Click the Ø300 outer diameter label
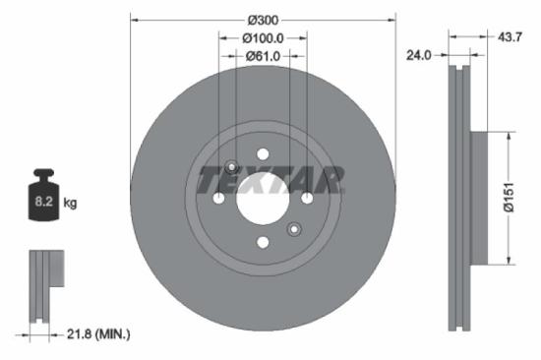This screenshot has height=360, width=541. click(x=263, y=20)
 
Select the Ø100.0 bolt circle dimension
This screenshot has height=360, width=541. click(x=263, y=37)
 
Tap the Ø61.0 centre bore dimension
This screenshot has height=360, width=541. click(x=263, y=56)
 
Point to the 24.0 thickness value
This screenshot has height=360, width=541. click(x=419, y=56)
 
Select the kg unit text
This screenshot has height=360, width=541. click(x=70, y=203)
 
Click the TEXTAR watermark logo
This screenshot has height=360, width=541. click(x=270, y=181)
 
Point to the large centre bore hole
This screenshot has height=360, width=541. click(x=263, y=199)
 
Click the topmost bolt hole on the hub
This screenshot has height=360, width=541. click(x=263, y=154)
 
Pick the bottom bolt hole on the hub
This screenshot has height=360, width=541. click(x=263, y=243)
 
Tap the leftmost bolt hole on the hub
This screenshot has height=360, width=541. click(x=218, y=199)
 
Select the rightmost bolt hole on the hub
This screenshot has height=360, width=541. click(x=307, y=199)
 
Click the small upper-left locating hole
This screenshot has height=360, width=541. click(x=232, y=166)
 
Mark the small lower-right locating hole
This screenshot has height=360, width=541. click(x=293, y=230)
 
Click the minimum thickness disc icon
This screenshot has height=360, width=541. click(x=43, y=285)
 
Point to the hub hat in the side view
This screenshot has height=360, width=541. click(x=480, y=197)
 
